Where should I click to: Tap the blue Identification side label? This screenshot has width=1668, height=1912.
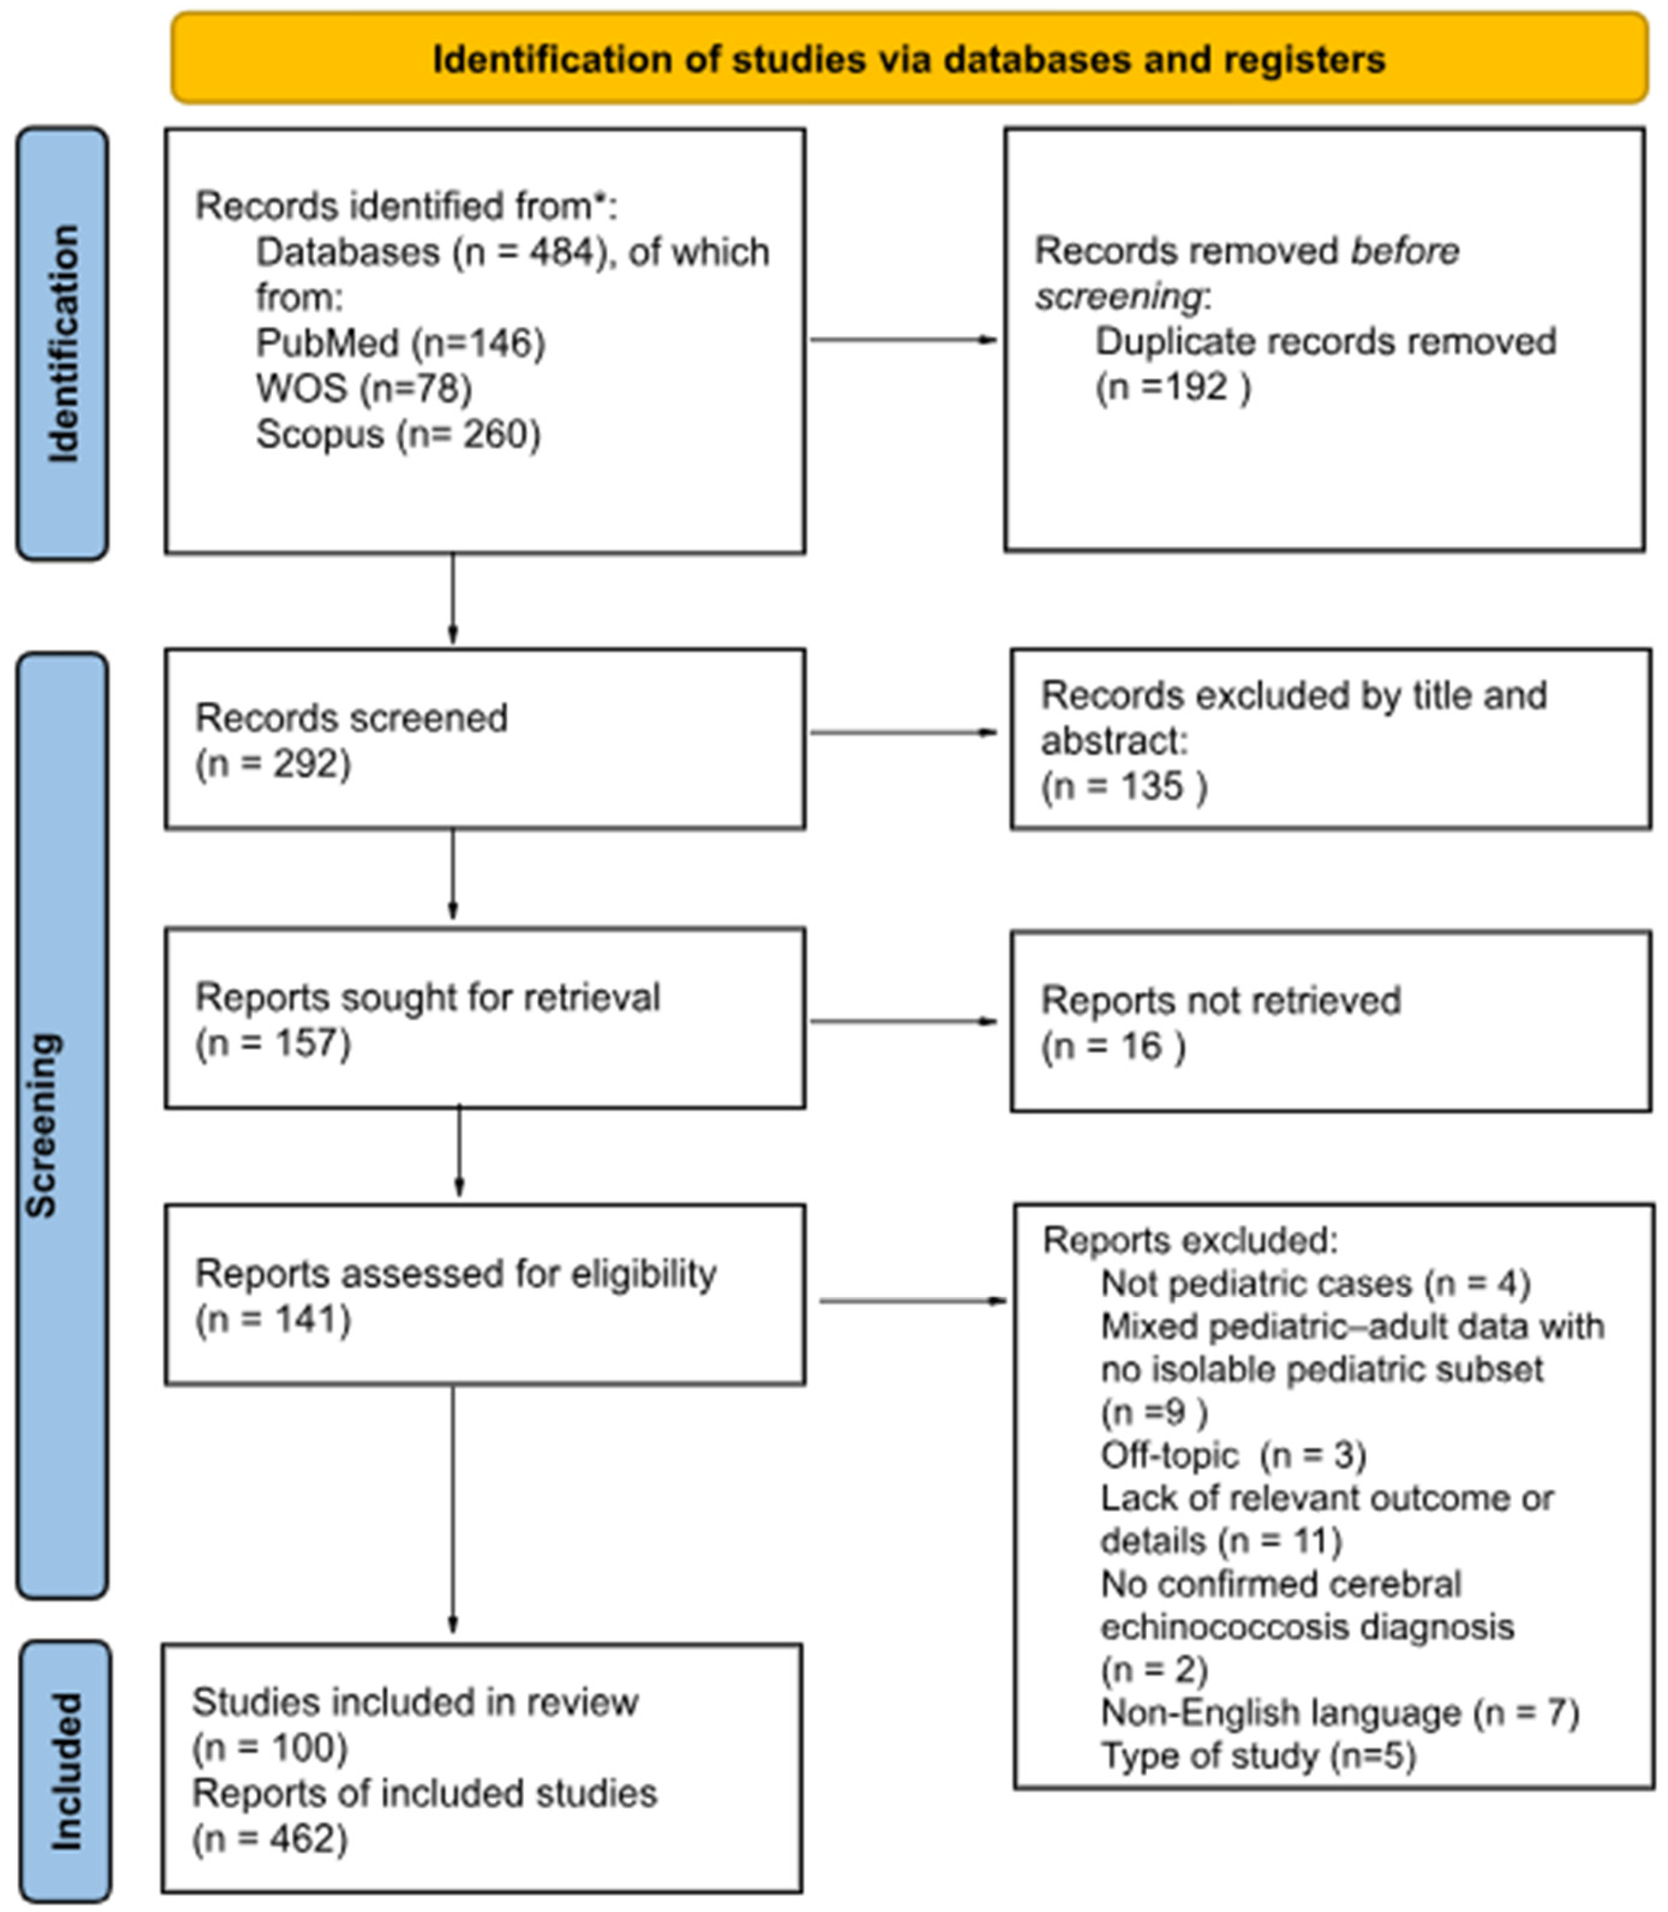click(x=63, y=343)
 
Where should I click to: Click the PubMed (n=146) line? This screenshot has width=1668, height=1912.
click(x=400, y=343)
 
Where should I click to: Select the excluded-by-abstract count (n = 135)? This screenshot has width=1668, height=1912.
click(x=1123, y=787)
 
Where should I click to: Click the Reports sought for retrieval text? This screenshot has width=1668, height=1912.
click(x=427, y=997)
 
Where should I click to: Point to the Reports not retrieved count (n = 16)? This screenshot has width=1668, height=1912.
click(x=1112, y=1046)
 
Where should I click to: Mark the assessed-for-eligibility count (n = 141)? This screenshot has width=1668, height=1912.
click(x=273, y=1319)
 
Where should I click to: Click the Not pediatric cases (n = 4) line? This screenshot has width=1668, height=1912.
click(x=1315, y=1284)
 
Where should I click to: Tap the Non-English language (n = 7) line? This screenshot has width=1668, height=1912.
click(x=1340, y=1713)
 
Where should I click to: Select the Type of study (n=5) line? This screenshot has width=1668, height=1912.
click(x=1257, y=1756)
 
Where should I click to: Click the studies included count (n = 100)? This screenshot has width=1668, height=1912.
click(x=270, y=1747)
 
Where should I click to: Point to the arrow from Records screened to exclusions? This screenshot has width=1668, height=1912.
click(x=903, y=732)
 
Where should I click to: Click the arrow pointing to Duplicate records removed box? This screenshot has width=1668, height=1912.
click(x=903, y=340)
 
